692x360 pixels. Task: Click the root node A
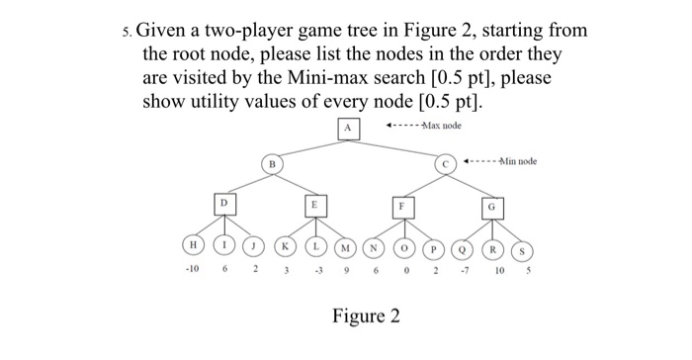[348, 128]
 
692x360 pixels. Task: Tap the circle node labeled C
[446, 162]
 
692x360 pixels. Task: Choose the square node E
[314, 204]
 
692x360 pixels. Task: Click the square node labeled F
[402, 205]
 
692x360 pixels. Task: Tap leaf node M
[345, 245]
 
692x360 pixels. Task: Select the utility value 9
[346, 270]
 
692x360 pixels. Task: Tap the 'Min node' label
[517, 161]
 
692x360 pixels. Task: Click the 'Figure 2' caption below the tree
[366, 316]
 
